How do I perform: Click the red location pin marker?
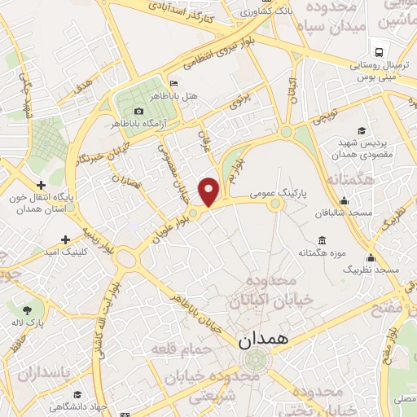[x=209, y=191]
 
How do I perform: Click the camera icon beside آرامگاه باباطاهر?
[x=138, y=111]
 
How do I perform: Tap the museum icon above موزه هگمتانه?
[x=321, y=240]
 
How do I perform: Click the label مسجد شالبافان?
[x=349, y=213]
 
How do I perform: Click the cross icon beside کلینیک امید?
[x=65, y=239]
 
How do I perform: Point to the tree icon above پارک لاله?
[x=29, y=310]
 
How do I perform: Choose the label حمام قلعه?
[x=181, y=349]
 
